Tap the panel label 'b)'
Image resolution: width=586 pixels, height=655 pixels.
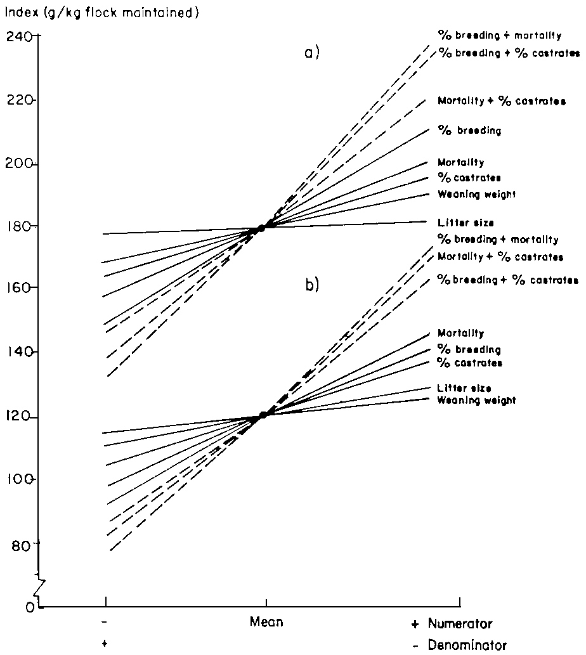point(311,286)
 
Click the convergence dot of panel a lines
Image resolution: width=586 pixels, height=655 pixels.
point(261,228)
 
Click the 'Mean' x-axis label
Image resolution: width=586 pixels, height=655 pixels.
point(266,623)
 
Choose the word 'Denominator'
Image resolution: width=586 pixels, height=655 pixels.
point(466,645)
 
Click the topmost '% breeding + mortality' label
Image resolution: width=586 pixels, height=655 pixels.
point(499,34)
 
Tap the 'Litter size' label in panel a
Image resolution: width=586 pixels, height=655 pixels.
point(466,223)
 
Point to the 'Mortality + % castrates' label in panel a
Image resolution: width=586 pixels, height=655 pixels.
point(501,100)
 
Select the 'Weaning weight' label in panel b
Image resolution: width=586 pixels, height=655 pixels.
point(476,400)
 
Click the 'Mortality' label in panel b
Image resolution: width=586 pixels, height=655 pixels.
point(460,333)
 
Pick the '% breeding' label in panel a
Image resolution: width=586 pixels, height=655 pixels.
point(469,131)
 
